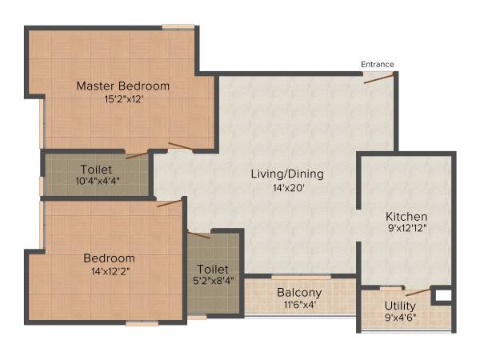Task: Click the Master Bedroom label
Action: (122, 86)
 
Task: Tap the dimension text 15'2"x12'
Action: (122, 100)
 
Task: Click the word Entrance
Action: (377, 64)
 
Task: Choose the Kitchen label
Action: (406, 217)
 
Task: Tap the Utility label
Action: (400, 306)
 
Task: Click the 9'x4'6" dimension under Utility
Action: (400, 319)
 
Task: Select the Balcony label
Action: (299, 293)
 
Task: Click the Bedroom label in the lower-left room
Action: (109, 258)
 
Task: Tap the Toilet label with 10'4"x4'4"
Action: (96, 170)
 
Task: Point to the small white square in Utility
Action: (441, 296)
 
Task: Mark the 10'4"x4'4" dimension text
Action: (96, 182)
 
